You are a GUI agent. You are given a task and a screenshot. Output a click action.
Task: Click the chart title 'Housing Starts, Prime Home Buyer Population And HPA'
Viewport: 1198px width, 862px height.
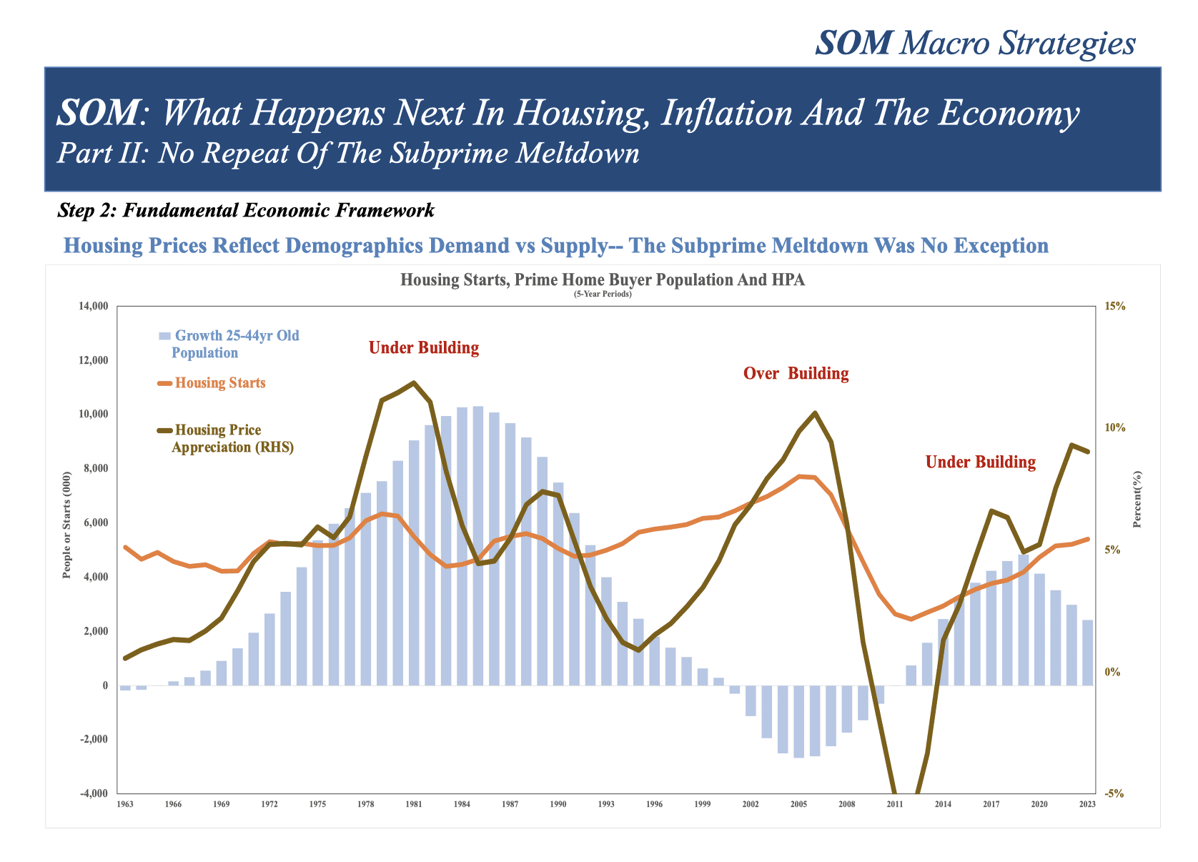[603, 280]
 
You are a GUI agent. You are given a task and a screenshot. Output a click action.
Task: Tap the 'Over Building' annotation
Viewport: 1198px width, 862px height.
[796, 374]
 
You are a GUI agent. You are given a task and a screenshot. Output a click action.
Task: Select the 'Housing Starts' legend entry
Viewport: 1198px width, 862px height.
[219, 383]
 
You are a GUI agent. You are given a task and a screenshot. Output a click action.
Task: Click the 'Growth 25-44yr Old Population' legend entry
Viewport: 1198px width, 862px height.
[236, 344]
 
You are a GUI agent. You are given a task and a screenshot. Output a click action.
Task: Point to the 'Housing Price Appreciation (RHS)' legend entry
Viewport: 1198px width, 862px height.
[232, 439]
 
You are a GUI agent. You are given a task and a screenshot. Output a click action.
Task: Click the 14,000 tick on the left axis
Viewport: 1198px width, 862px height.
[92, 307]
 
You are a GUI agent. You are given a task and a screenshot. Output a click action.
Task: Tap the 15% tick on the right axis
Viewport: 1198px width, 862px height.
[1115, 307]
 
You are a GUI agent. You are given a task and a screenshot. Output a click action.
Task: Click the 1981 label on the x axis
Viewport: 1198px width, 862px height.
[414, 805]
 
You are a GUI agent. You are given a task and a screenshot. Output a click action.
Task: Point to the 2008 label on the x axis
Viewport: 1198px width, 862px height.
[847, 805]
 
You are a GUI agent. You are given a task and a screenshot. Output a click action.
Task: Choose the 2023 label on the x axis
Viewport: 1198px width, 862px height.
[1088, 805]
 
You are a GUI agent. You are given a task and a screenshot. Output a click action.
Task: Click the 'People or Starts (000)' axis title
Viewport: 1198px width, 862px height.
[67, 525]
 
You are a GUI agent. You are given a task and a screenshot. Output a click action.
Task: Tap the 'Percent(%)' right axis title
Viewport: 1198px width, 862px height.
[1137, 499]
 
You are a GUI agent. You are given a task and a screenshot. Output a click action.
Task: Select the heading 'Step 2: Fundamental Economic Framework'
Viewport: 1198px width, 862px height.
[246, 211]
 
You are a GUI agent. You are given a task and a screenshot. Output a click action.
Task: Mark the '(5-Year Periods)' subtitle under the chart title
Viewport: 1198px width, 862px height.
[603, 294]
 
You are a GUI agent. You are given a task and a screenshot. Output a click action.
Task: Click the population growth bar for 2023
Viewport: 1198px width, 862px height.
[1088, 653]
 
